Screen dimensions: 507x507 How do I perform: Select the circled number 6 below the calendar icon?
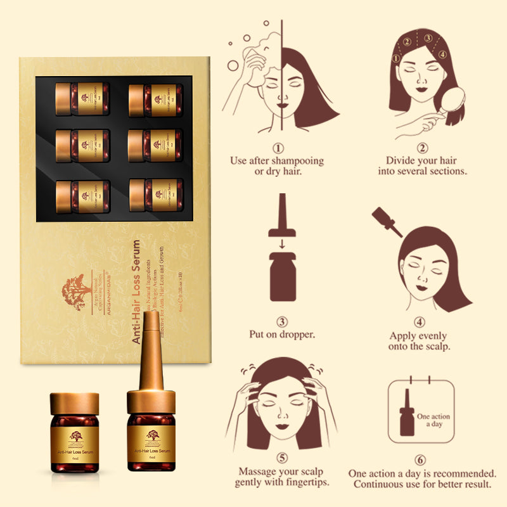[x=420, y=460]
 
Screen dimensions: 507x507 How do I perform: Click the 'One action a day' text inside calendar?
[x=433, y=420]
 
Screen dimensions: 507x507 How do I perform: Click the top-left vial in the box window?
[x=82, y=98]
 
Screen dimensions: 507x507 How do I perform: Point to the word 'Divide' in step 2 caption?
[x=402, y=161]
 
